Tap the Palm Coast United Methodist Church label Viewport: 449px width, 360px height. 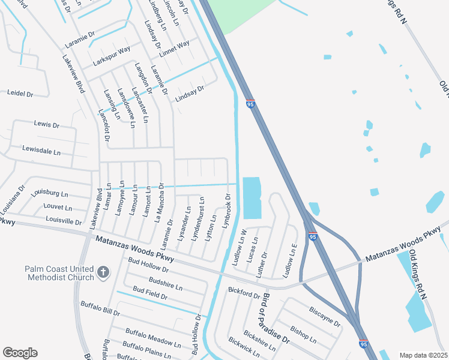point(59,273)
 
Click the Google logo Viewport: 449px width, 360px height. point(20,353)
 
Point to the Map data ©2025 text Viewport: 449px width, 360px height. point(423,355)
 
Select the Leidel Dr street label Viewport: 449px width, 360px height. point(20,94)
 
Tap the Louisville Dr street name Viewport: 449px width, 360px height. point(63,221)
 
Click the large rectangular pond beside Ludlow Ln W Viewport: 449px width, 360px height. point(253,197)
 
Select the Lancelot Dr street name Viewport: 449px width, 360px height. point(104,124)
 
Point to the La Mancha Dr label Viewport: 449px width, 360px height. point(160,202)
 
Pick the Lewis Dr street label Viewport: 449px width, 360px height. point(47,125)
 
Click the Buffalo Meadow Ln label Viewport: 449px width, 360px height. point(152,337)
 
